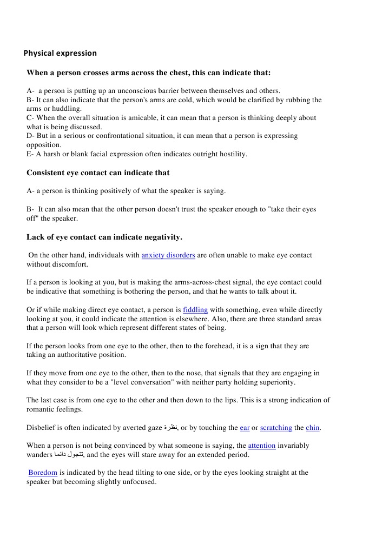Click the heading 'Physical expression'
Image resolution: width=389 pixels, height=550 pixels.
(x=60, y=53)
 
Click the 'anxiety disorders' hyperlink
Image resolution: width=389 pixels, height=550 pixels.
(x=168, y=255)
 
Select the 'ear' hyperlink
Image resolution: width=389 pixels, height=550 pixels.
(x=245, y=428)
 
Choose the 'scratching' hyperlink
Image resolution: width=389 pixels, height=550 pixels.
(x=276, y=428)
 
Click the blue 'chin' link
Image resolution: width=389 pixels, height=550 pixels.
(x=313, y=428)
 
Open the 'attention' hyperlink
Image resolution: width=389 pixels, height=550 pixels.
(x=262, y=446)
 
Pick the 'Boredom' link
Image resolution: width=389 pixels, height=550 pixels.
(x=43, y=473)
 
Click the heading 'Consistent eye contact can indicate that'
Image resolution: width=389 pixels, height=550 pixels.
(x=98, y=173)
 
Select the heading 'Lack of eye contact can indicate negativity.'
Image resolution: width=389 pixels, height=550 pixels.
(x=104, y=237)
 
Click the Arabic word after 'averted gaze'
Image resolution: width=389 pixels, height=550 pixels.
(x=170, y=428)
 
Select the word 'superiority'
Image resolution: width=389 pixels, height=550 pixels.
(x=275, y=382)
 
